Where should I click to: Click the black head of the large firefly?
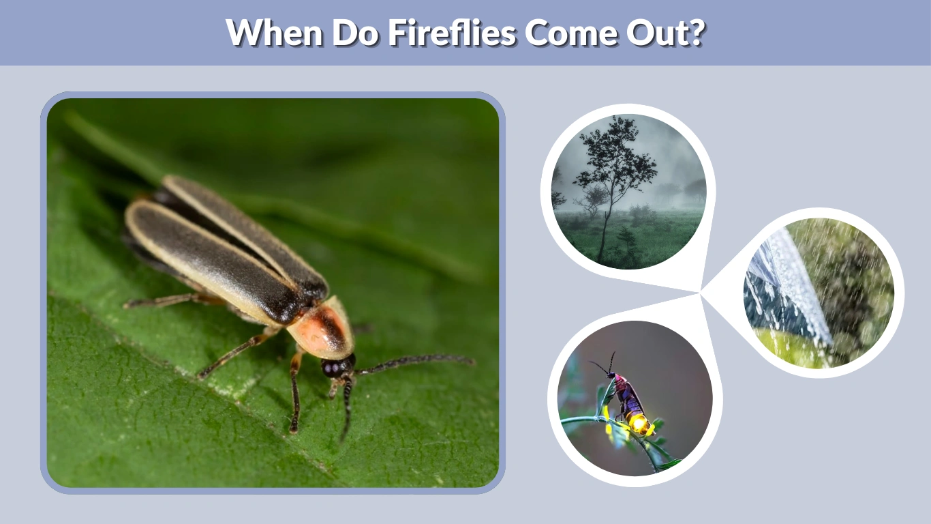pyautogui.click(x=336, y=367)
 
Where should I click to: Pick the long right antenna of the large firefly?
pyautogui.click(x=416, y=360)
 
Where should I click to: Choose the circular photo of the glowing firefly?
pyautogui.click(x=635, y=399)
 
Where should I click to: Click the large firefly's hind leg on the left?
pyautogui.click(x=164, y=301)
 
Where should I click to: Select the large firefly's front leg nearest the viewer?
pyautogui.click(x=294, y=396)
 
